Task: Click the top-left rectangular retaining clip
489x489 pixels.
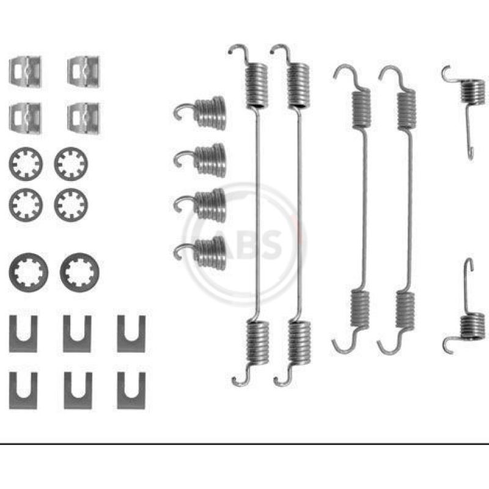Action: (x=25, y=72)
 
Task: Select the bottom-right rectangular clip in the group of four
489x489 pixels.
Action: (x=84, y=118)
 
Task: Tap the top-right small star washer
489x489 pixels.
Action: (x=71, y=164)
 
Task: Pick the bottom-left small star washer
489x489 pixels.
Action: (x=26, y=205)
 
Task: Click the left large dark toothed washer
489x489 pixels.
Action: (x=29, y=272)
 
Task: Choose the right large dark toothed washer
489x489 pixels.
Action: (x=79, y=272)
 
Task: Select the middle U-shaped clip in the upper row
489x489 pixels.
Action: (x=77, y=334)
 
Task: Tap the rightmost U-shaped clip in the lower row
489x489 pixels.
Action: (x=131, y=391)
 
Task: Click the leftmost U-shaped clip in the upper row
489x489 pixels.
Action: (x=23, y=334)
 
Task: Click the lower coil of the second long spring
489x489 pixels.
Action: (x=300, y=342)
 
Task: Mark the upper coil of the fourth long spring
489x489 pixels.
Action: (x=406, y=109)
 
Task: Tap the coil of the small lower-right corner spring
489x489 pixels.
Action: (x=472, y=326)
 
